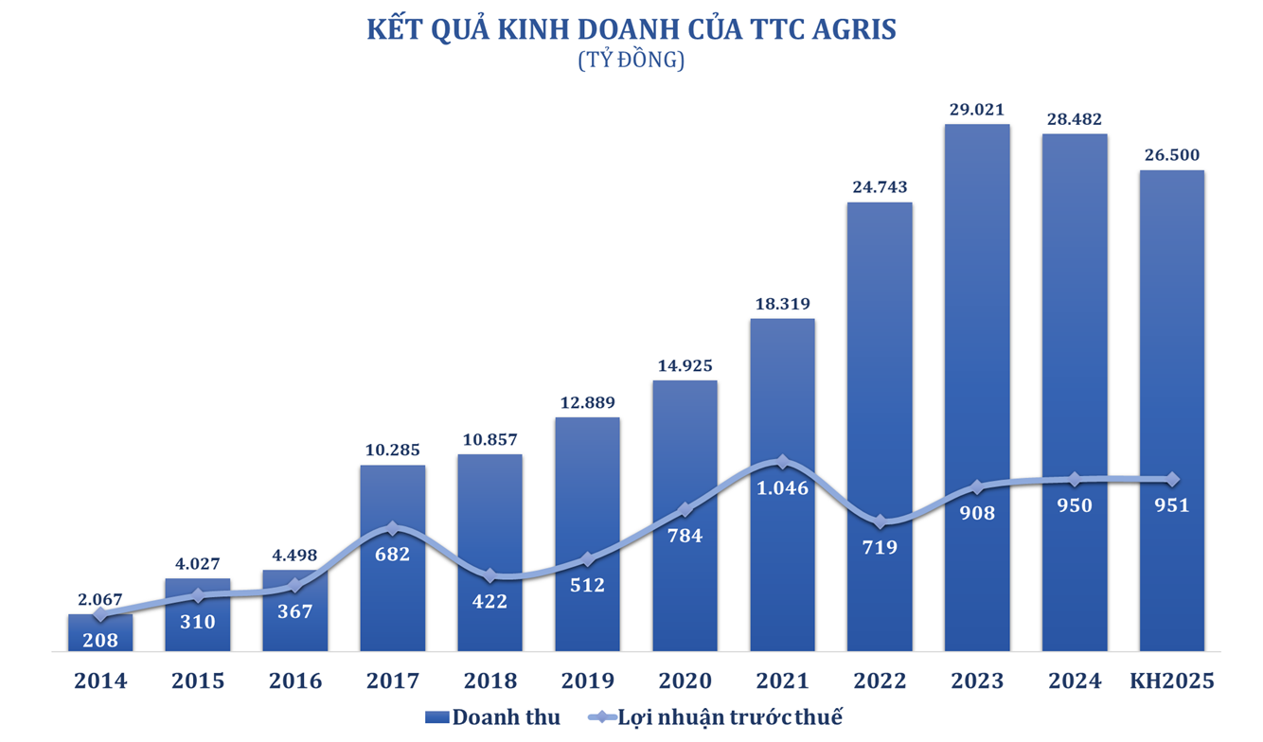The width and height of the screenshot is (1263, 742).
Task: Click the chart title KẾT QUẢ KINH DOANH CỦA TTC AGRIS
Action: coord(631,28)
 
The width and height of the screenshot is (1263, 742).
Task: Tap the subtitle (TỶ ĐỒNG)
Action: coord(631,61)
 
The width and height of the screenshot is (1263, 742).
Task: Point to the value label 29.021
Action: coord(977,109)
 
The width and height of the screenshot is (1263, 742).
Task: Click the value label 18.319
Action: coord(782,304)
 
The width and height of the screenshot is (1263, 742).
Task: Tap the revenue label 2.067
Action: coord(99,599)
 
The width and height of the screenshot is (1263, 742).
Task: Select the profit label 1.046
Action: coord(782,489)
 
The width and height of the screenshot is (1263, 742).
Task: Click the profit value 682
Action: coord(392,554)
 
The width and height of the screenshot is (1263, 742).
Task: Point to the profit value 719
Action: coord(881,547)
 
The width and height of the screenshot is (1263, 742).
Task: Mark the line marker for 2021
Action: coord(782,462)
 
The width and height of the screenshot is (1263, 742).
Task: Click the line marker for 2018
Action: coord(489,575)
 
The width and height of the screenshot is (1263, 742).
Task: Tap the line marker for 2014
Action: coord(99,615)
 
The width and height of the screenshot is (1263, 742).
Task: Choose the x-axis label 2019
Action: coord(587,680)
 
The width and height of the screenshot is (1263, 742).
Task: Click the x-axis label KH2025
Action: coord(1171,680)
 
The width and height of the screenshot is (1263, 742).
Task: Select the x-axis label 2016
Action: coord(294,680)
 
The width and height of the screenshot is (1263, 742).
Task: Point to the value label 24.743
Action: coord(880,187)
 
